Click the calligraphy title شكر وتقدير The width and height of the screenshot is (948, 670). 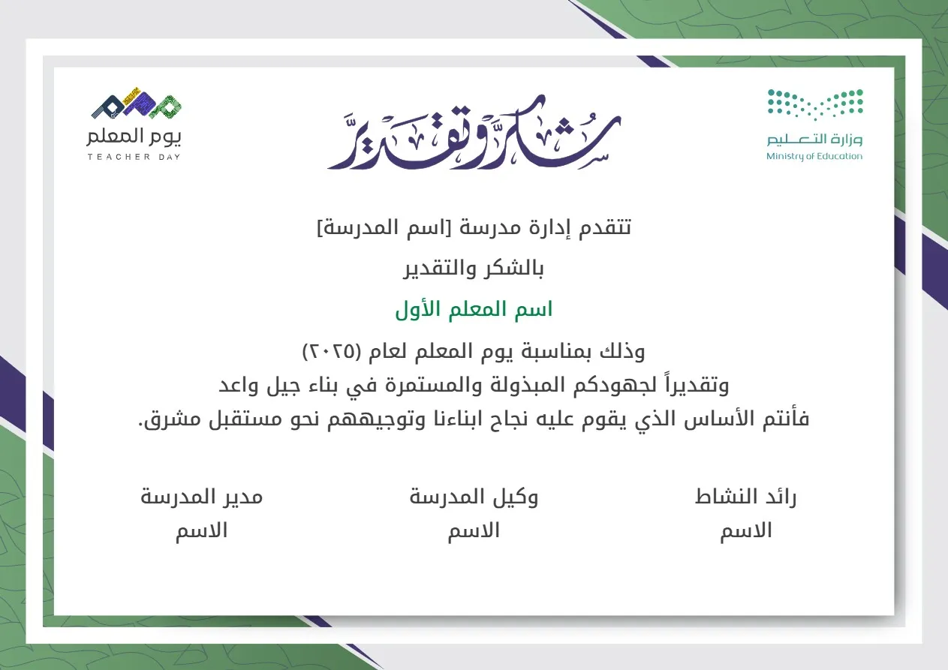click(x=474, y=133)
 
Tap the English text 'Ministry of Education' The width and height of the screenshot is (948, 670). click(x=814, y=157)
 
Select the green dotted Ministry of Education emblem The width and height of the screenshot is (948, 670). click(x=815, y=104)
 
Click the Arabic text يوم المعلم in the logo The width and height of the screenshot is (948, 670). click(x=134, y=137)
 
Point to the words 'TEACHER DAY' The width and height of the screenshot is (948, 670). click(x=134, y=157)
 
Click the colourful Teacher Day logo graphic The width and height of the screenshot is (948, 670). click(x=137, y=107)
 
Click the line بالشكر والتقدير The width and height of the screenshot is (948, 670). click(x=474, y=269)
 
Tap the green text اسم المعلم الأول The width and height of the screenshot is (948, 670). click(x=474, y=310)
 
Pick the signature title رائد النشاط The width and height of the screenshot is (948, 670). click(x=745, y=497)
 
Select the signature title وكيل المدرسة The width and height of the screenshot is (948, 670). click(x=474, y=497)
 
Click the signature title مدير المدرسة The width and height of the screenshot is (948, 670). click(x=202, y=497)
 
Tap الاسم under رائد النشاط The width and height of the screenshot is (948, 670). click(x=746, y=531)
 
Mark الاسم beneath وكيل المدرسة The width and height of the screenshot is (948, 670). click(x=474, y=531)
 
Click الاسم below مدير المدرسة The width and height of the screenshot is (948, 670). click(x=202, y=531)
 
